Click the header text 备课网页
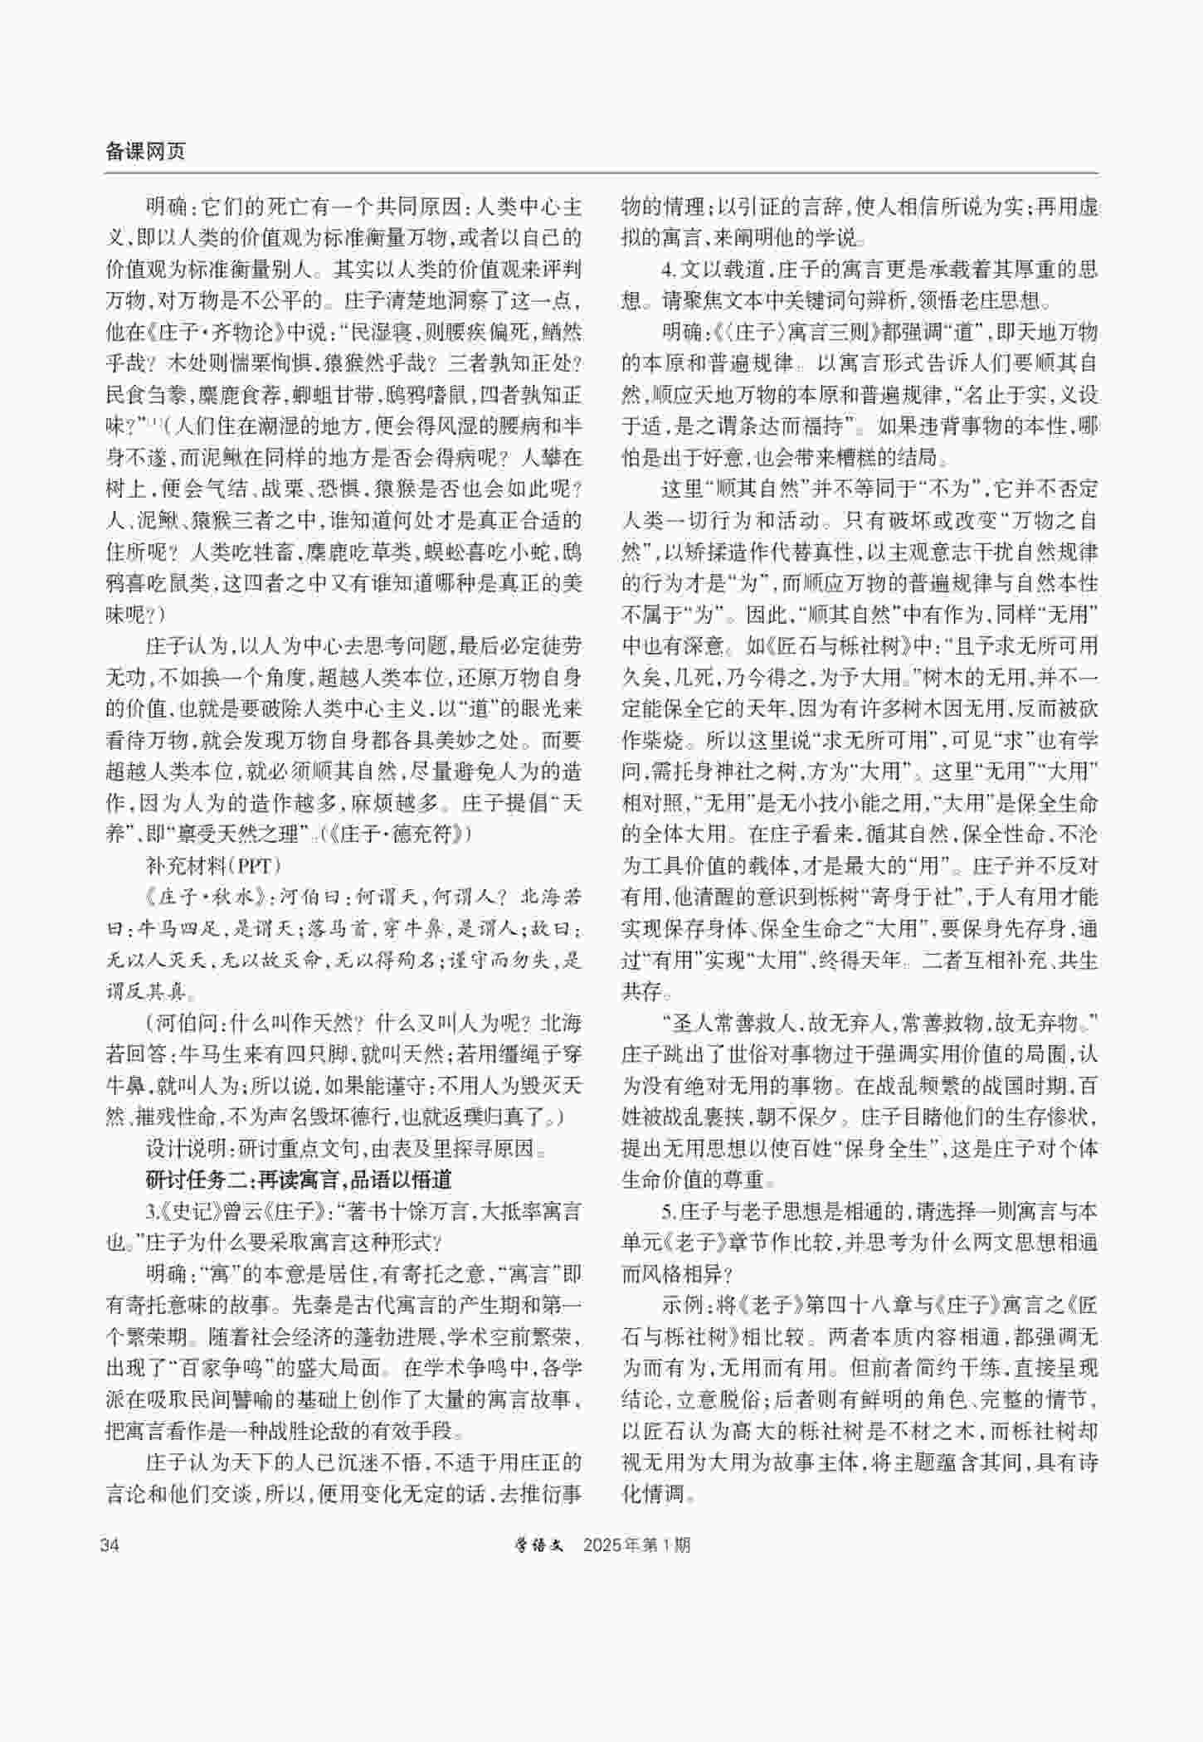[x=145, y=151]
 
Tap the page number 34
[x=110, y=1545]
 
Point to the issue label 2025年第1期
[x=636, y=1545]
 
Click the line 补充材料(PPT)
[x=214, y=865]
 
